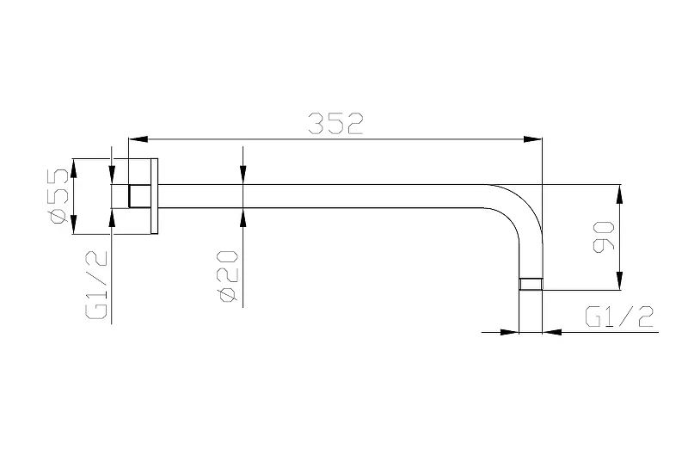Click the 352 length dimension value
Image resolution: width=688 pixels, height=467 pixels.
click(x=335, y=123)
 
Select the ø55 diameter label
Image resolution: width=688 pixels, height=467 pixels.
click(x=59, y=196)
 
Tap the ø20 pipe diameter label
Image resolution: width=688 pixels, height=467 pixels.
click(x=229, y=275)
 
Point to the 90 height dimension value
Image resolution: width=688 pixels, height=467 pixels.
click(x=604, y=237)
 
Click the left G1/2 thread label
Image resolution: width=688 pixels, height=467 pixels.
click(x=96, y=285)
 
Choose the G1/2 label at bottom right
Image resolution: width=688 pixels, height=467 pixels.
click(x=619, y=316)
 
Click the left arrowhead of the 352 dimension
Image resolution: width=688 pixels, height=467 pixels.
click(x=137, y=139)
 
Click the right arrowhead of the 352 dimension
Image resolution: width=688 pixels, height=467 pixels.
click(x=533, y=139)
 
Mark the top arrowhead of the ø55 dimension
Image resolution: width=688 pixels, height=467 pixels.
click(x=74, y=168)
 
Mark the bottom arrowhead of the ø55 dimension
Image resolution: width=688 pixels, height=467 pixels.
click(x=74, y=225)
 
